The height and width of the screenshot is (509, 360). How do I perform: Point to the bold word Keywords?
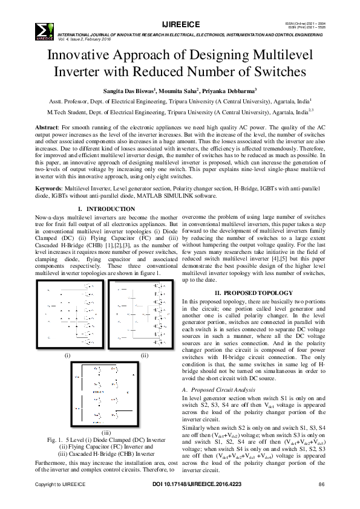point(49,189)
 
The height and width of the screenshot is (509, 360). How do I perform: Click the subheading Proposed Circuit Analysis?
point(220,390)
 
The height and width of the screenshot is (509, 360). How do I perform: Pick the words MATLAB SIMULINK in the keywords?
point(169,196)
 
